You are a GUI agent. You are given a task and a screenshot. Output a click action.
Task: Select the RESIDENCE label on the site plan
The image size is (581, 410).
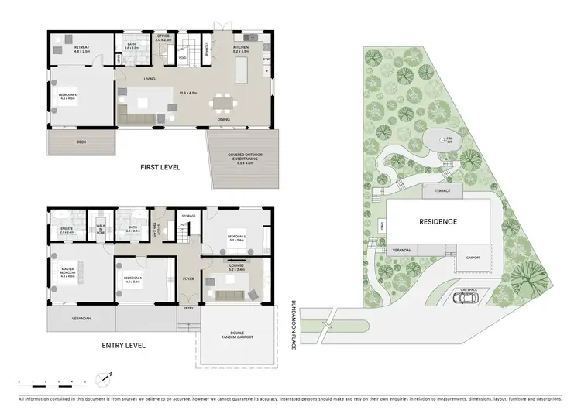pos(438,222)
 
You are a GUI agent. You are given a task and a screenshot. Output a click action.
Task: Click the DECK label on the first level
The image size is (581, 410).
pos(81,142)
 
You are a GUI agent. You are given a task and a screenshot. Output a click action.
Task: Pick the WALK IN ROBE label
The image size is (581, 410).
pos(101,228)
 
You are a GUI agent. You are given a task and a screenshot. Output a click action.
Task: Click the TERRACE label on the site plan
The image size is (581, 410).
pos(442,190)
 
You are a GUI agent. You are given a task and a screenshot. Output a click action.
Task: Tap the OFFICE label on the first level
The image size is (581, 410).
pos(163,36)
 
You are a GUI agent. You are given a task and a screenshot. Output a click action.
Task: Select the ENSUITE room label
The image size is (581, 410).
pos(66,228)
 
